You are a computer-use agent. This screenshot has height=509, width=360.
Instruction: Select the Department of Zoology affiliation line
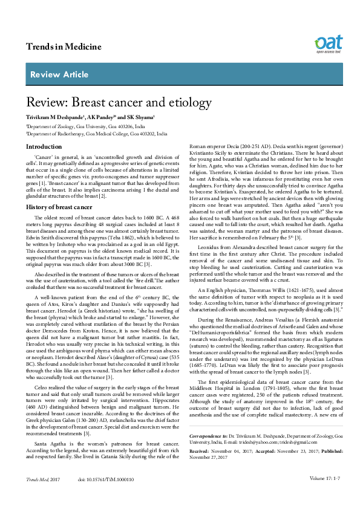tap(85, 126)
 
